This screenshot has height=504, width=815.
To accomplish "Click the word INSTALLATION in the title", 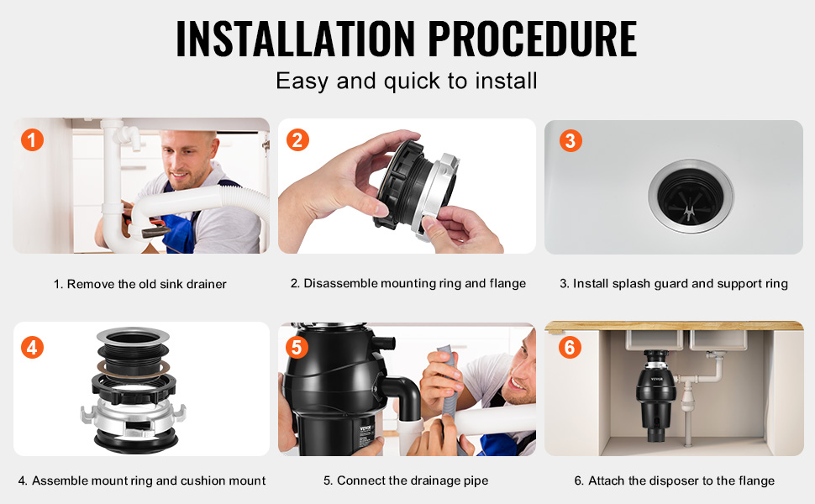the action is click(x=296, y=39).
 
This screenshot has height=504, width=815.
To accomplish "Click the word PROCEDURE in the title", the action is click(x=533, y=39).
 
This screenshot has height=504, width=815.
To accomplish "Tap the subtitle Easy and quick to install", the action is click(x=407, y=81).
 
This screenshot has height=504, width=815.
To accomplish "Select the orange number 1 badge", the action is click(x=32, y=139).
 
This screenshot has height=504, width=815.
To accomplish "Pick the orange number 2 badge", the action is click(x=297, y=139).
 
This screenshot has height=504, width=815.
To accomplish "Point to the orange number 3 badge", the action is click(x=570, y=140).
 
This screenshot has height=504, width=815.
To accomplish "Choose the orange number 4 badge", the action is click(x=32, y=348).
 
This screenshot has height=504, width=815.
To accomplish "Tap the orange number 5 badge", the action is click(x=297, y=347).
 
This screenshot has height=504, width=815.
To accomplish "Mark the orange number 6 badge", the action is click(x=570, y=347).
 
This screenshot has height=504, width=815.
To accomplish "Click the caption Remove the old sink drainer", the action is click(x=140, y=284).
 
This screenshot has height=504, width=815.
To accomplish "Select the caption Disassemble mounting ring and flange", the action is click(x=408, y=284).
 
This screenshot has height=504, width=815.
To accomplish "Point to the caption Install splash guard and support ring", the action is click(x=674, y=284).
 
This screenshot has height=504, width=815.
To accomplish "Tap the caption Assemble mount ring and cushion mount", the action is click(x=142, y=480).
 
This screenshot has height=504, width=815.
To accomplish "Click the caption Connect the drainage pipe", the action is click(x=406, y=480).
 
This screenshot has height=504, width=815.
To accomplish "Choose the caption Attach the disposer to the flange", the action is click(x=674, y=480).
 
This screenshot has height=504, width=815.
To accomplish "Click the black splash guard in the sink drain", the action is click(x=691, y=197).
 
